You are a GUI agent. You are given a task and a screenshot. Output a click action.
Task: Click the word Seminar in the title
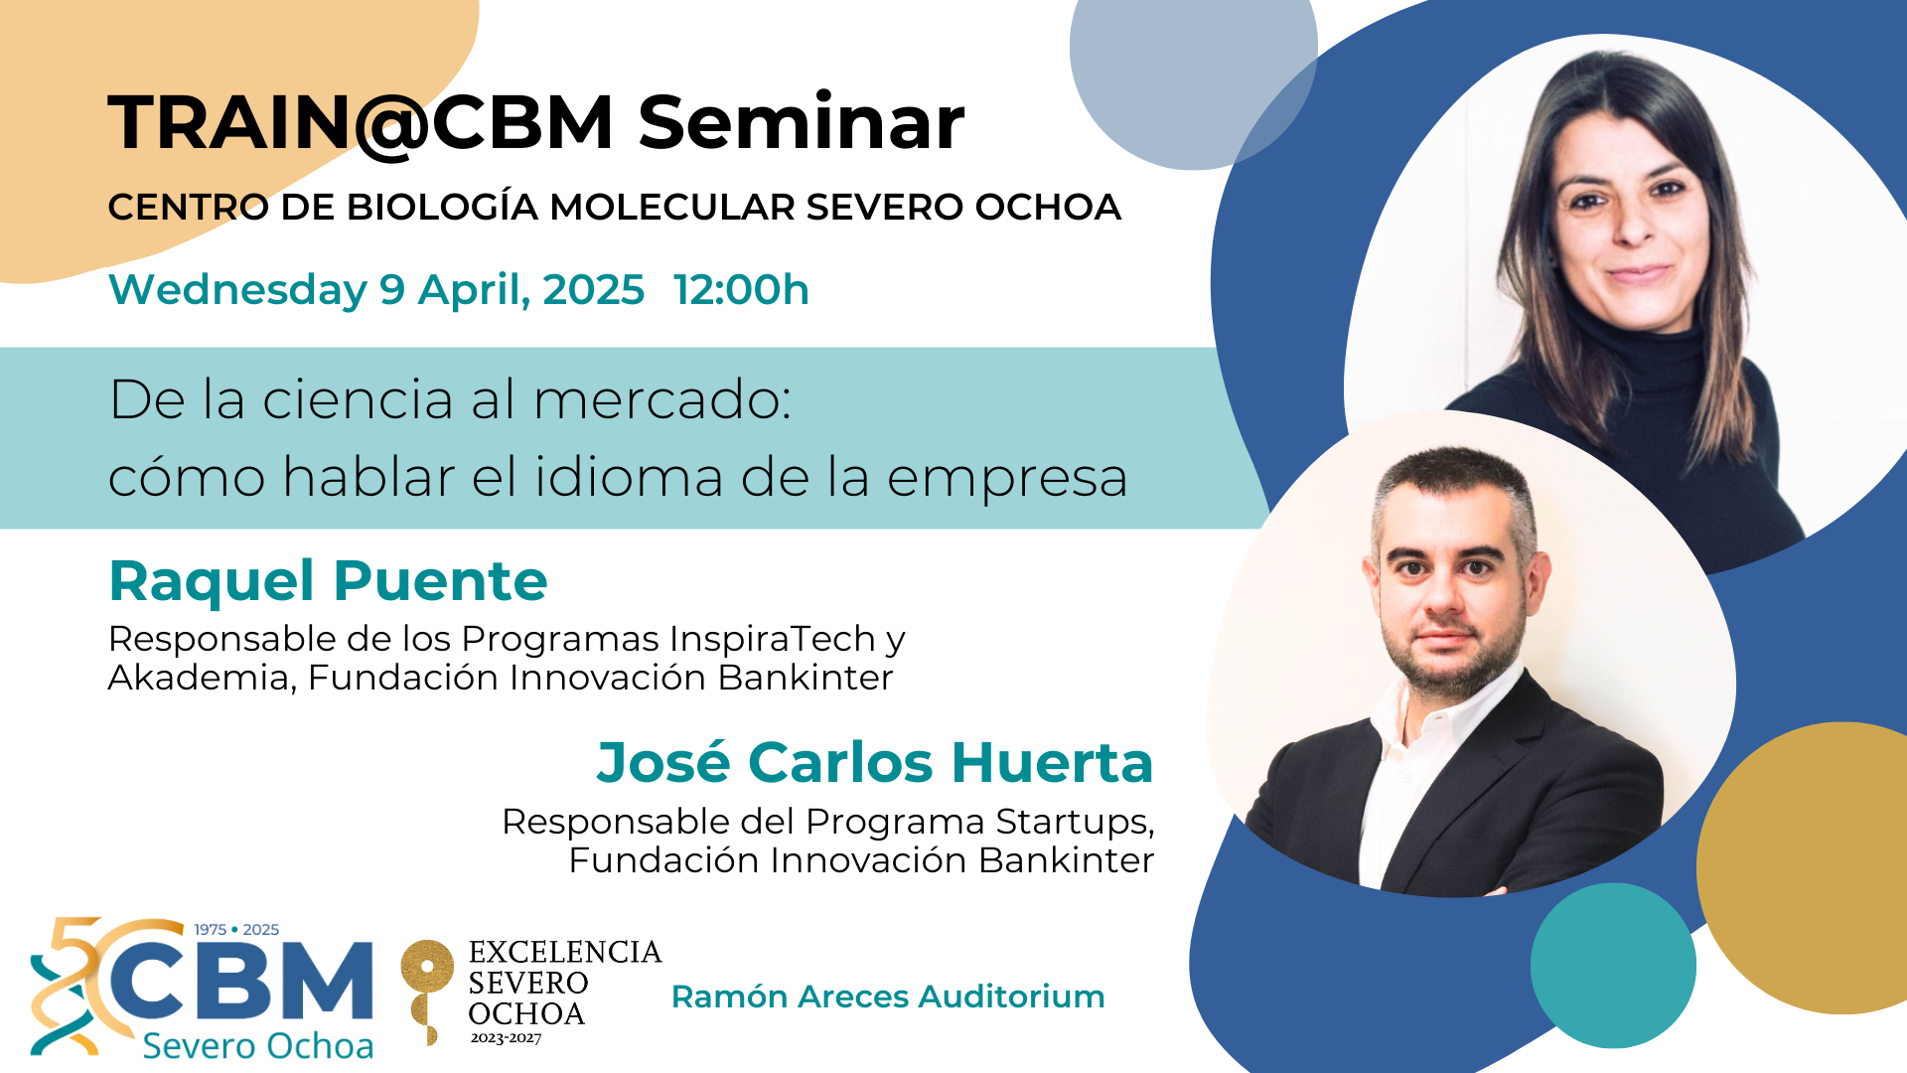point(801,123)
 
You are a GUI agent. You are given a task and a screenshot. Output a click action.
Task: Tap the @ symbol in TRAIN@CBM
point(390,125)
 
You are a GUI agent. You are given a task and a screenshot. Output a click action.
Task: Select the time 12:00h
point(741,290)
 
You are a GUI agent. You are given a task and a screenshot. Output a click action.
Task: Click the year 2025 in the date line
point(593,290)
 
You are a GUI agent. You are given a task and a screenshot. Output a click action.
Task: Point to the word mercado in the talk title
point(661,399)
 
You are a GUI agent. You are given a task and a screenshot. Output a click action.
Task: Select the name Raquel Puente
point(328,580)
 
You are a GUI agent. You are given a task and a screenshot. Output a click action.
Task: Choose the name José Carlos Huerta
point(875,762)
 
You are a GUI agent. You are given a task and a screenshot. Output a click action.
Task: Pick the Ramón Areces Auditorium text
point(888,996)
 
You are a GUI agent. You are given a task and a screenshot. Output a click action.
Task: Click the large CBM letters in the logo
point(240,982)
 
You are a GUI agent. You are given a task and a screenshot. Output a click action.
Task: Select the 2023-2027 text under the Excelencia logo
point(506,1038)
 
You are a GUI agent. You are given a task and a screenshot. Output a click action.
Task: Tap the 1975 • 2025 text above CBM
point(236,930)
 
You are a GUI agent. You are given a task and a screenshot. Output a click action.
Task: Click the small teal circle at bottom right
point(1613,966)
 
